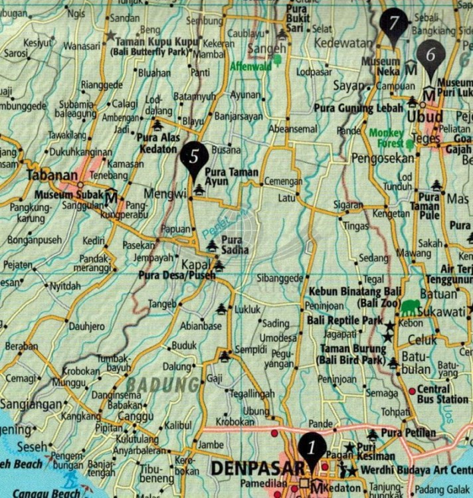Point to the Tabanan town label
[x=52, y=175]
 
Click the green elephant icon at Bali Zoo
[x=411, y=307]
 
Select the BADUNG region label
[x=163, y=385]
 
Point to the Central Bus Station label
[x=442, y=394]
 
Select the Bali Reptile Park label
[x=345, y=321]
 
